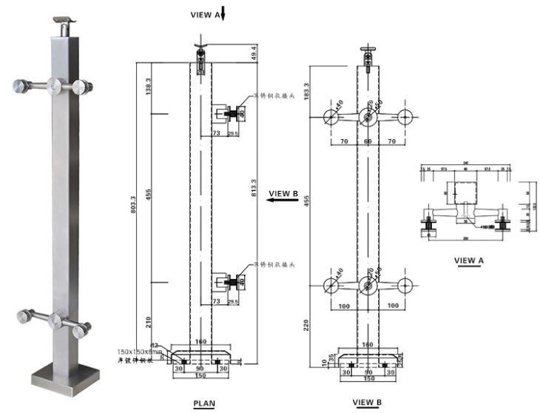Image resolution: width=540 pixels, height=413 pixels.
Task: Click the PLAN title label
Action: point(204,404)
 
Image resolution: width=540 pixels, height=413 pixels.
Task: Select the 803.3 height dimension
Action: point(132,204)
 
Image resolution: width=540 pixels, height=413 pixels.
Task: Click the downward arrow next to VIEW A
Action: point(223,13)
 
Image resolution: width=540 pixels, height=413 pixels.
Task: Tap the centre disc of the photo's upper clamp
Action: point(55,87)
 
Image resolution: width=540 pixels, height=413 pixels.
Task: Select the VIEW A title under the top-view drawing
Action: point(468,260)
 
